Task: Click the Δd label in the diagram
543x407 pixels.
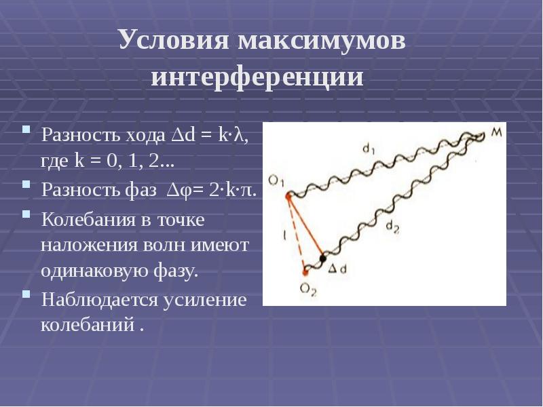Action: [338, 270]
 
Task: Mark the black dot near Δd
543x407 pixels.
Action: [323, 258]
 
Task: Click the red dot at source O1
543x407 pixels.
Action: [288, 197]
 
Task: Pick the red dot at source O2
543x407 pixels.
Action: [304, 272]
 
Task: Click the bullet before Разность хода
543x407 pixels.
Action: [26, 129]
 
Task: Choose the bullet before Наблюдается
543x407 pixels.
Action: [26, 294]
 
